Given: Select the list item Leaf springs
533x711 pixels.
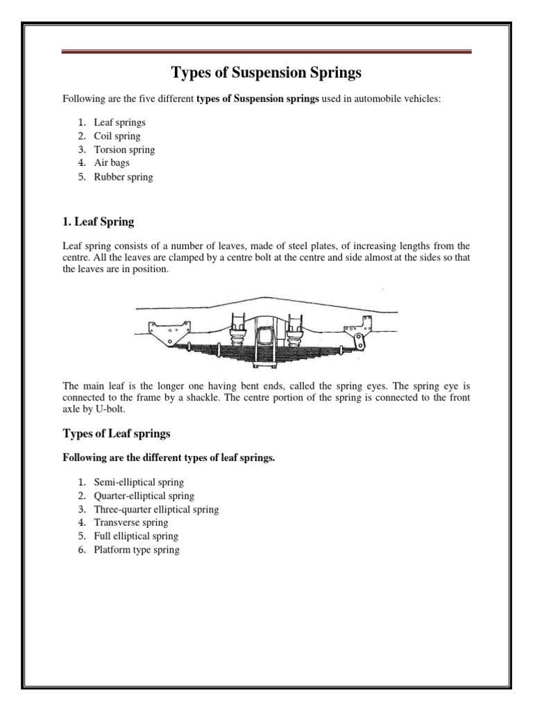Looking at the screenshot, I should click(x=119, y=122).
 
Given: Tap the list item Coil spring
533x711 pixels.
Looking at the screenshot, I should click(x=117, y=136).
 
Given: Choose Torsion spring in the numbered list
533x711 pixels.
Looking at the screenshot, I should click(x=124, y=149).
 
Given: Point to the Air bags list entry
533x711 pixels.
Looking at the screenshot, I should click(x=112, y=163).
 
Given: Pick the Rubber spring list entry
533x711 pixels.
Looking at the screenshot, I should click(x=124, y=177).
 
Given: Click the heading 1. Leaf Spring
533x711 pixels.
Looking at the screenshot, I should click(x=99, y=222).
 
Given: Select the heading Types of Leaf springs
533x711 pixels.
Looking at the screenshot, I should click(x=117, y=434).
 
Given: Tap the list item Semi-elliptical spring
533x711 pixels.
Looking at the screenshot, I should click(x=139, y=483).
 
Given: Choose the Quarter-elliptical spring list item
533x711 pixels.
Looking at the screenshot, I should click(x=144, y=496).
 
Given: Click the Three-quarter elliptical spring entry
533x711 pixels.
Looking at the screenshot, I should click(x=156, y=510).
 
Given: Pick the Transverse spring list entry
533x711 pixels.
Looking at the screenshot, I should click(x=131, y=523).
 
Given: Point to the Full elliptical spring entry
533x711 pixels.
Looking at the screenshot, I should click(x=136, y=537).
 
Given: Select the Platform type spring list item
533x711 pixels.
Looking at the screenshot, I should click(x=136, y=550).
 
